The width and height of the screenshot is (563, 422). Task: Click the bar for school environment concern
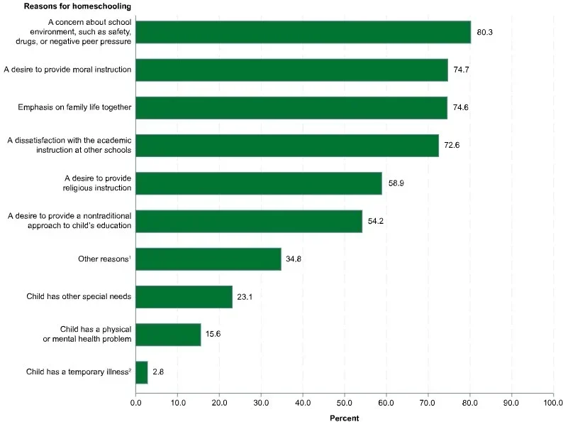tap(303, 32)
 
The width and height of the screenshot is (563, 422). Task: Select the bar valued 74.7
tap(291, 70)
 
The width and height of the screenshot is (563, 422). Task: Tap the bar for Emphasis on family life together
tap(291, 107)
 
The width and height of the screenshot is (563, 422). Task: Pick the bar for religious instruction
tap(258, 183)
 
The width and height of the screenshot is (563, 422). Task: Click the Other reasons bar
tap(208, 259)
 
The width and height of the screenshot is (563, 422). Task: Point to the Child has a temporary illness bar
tap(141, 372)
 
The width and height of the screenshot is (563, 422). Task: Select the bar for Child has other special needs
tap(184, 296)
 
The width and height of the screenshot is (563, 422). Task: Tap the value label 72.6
tap(452, 146)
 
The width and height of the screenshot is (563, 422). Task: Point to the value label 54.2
tap(376, 222)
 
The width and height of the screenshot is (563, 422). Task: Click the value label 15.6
tap(214, 335)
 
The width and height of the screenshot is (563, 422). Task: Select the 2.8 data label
tap(158, 372)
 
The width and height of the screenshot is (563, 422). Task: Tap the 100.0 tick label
tap(552, 402)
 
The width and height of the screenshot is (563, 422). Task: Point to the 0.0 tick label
tap(135, 402)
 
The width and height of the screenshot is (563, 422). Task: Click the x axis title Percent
tap(344, 417)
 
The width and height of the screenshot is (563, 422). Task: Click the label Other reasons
tap(104, 259)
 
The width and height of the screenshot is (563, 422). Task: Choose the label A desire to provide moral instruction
tap(67, 70)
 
